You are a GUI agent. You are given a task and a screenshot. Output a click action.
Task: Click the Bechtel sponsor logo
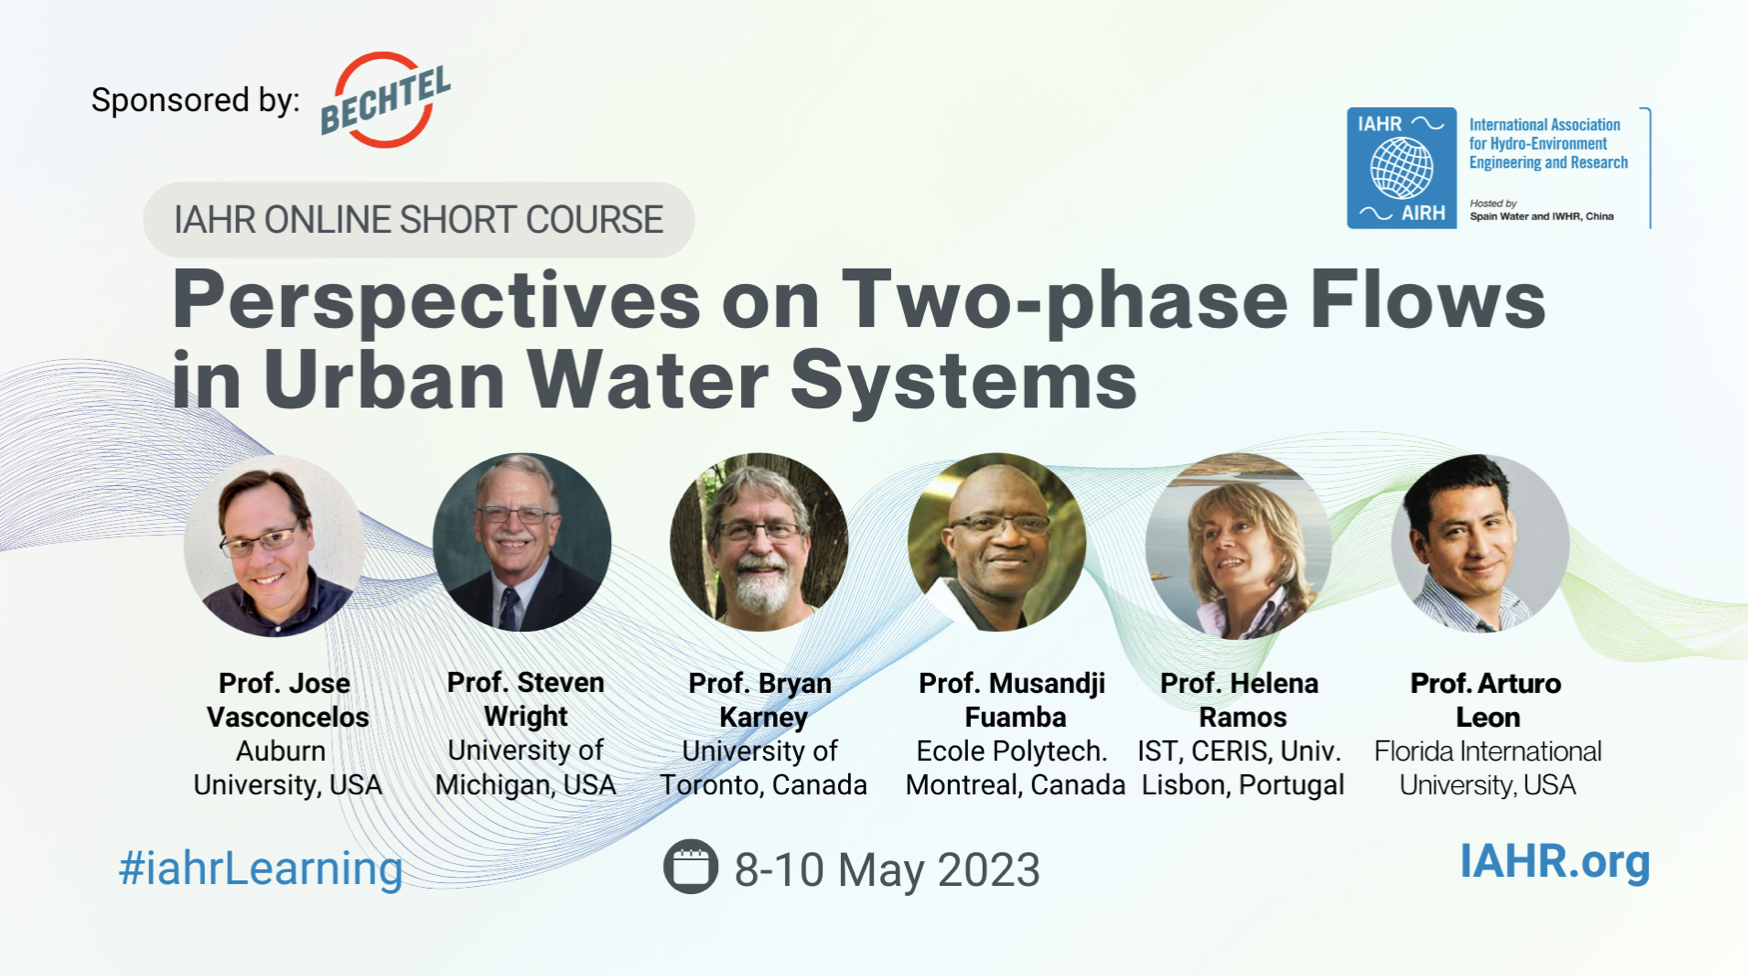point(385,100)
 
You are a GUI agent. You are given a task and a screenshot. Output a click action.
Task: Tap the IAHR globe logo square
point(1401,168)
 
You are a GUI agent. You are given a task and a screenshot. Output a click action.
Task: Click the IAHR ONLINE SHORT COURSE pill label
point(418,220)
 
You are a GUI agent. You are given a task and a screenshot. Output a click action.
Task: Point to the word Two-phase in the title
point(1065,300)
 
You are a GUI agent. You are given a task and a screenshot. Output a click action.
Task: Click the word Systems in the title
point(964,380)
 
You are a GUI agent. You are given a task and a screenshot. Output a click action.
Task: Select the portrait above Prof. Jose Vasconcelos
point(274,545)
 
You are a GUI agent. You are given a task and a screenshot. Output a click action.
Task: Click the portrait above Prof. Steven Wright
point(522,542)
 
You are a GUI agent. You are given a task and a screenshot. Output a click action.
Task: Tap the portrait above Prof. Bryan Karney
point(759,542)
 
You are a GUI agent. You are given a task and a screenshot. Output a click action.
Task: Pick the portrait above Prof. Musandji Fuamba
point(997,542)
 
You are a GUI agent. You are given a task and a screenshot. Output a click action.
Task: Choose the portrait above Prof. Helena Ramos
point(1238,546)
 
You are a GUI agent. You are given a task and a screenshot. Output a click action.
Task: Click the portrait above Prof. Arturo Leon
point(1480,543)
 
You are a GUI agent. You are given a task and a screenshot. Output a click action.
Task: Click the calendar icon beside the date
point(690,866)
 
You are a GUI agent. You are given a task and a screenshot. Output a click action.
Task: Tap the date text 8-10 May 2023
point(887,869)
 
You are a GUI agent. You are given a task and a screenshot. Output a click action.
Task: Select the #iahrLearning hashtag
point(261,868)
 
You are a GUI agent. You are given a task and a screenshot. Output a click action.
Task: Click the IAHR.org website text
point(1555,861)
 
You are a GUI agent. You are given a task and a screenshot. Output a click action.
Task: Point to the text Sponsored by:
point(195,100)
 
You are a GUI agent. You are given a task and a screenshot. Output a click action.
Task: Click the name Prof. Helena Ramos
point(1240,700)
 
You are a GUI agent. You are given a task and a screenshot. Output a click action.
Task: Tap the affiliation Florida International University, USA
point(1488,768)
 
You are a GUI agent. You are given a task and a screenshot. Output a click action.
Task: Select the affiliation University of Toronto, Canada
point(763,768)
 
